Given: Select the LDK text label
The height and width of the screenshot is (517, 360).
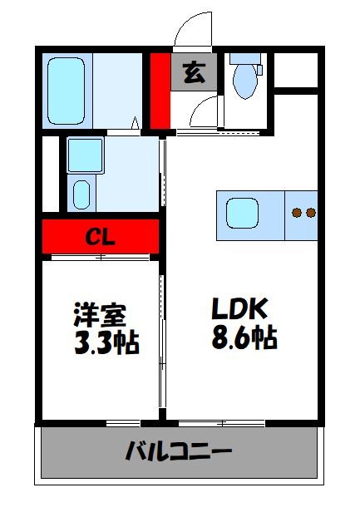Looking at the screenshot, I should (x=238, y=310).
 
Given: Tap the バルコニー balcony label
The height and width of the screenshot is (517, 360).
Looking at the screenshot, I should (x=178, y=453).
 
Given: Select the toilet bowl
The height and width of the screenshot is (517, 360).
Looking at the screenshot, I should (x=245, y=84).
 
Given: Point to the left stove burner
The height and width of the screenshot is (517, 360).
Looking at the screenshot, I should (x=297, y=213).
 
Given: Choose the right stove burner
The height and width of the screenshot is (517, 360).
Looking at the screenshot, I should (x=311, y=213).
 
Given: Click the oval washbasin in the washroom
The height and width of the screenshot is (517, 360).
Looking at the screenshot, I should (x=81, y=194).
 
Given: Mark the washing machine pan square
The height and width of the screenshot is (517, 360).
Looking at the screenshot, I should (x=84, y=155).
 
